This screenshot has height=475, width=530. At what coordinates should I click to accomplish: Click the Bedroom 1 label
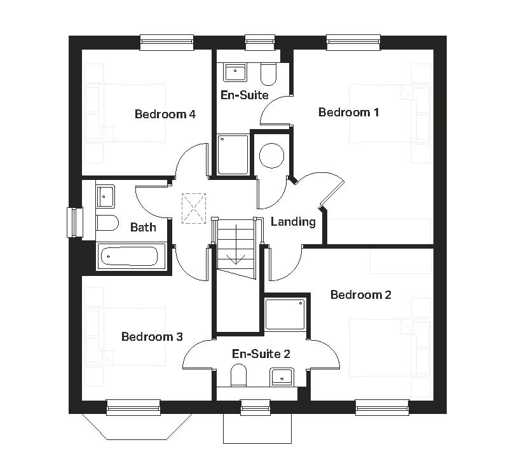(x=349, y=113)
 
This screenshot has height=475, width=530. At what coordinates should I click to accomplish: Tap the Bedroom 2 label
(x=360, y=295)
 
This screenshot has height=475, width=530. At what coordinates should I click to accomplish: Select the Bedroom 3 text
(x=152, y=336)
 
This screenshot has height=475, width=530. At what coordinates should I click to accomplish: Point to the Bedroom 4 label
(x=165, y=114)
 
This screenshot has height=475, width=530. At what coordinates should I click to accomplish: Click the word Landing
(x=293, y=222)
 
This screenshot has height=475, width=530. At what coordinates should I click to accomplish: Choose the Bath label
(x=143, y=227)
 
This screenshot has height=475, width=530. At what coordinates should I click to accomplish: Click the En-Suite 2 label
(x=261, y=354)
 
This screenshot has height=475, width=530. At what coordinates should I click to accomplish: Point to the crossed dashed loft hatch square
(x=194, y=208)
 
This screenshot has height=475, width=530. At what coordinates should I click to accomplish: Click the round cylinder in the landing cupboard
(x=271, y=155)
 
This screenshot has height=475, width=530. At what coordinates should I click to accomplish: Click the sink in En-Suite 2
(x=281, y=377)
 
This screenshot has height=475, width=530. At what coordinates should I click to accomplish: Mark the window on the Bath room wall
(x=76, y=223)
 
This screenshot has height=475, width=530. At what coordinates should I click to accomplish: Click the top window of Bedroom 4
(x=166, y=42)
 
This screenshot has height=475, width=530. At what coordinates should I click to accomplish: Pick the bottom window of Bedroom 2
(x=381, y=406)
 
